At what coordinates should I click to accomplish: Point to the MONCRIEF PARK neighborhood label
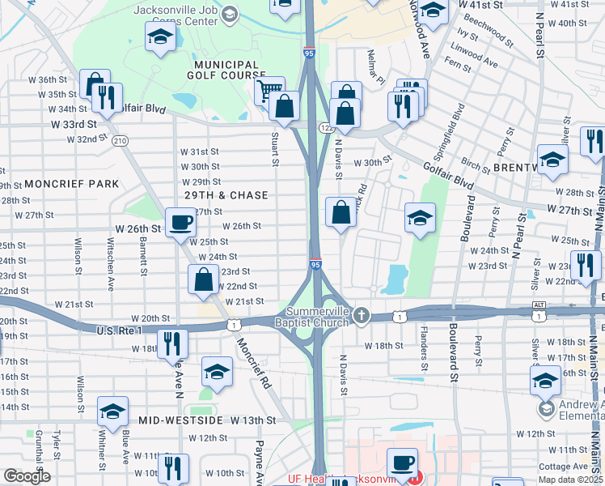coord(71,184)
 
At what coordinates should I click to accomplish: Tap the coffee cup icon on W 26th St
coord(180,221)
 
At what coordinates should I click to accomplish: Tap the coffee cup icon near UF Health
coord(402,463)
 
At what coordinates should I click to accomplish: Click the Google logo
coord(27,476)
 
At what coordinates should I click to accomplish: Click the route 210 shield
coord(121,140)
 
